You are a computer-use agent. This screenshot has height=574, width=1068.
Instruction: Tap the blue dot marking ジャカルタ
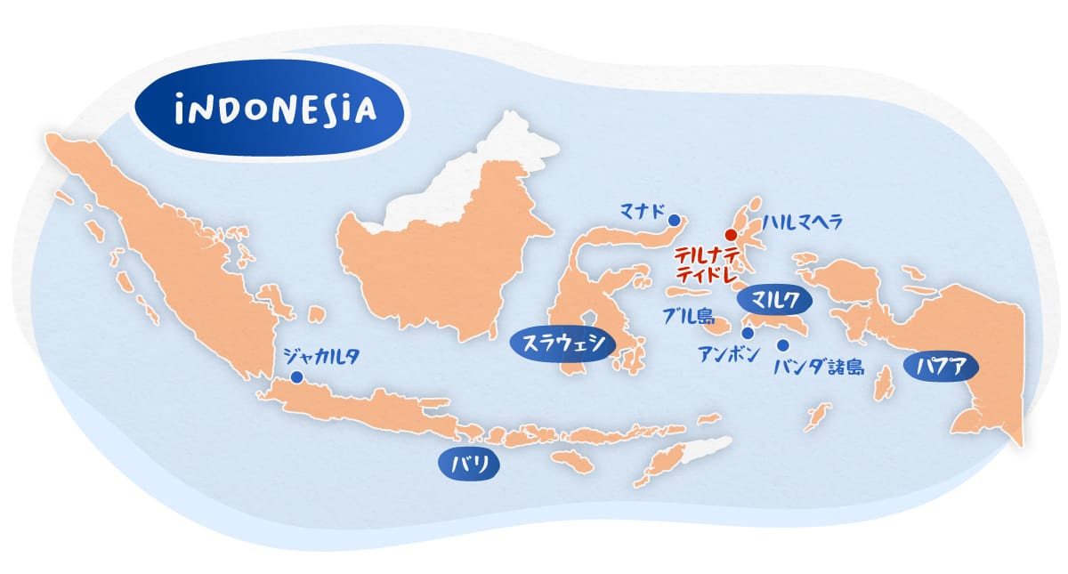tap(296, 377)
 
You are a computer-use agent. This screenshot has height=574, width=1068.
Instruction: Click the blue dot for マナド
tap(674, 220)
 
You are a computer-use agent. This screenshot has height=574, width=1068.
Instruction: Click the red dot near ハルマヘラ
tap(730, 235)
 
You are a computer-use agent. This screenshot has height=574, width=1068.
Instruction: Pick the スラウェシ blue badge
tap(562, 344)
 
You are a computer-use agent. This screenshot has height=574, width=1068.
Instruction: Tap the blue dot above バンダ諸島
tap(783, 345)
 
